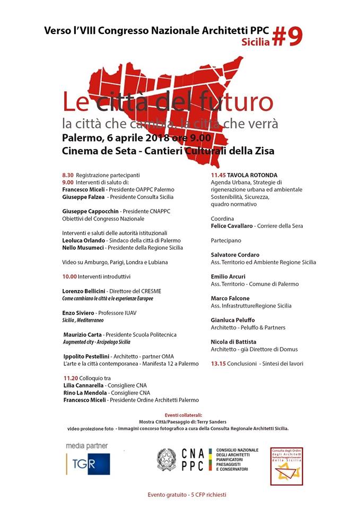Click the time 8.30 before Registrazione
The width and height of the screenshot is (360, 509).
pos(67,174)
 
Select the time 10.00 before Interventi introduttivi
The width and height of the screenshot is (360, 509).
pos(69,276)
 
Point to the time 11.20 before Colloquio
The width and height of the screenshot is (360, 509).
pos(69,378)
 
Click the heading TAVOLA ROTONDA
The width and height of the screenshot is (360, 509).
pos(251,174)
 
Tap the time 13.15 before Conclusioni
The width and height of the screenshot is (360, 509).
pos(219,364)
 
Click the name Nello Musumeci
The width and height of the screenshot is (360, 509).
pos(83,247)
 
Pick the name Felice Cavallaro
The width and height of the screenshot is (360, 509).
pos(231,225)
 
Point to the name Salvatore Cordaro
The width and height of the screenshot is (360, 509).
pos(235,254)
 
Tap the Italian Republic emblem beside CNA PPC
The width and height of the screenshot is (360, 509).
pos(166,459)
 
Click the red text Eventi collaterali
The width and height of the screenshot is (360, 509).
pos(180,415)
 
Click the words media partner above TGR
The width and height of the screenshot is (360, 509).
pos(86,445)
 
